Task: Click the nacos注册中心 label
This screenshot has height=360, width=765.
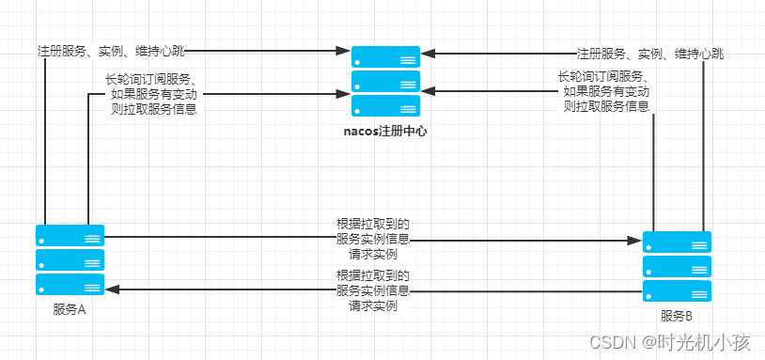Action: point(385,132)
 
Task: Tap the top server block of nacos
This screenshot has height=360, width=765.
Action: point(385,56)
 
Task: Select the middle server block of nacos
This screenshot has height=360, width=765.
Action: point(385,81)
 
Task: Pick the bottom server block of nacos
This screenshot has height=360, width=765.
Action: point(385,104)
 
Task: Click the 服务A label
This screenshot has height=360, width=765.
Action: point(70,309)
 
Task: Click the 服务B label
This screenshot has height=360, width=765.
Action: point(677,316)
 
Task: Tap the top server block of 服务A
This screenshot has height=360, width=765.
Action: point(70,235)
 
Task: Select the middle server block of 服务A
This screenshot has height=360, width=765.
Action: point(70,259)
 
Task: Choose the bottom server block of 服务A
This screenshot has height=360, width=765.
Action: point(70,284)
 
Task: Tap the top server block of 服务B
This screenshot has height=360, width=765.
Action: point(677,242)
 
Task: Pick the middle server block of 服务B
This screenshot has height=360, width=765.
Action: point(677,266)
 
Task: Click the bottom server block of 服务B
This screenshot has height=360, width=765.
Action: point(677,290)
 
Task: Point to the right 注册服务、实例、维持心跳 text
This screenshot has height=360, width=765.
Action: point(650,54)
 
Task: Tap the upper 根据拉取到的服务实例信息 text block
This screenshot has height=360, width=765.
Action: point(373,239)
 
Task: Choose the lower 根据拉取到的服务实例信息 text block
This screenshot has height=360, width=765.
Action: point(373,290)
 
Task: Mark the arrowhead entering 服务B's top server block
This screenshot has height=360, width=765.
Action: point(637,242)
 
